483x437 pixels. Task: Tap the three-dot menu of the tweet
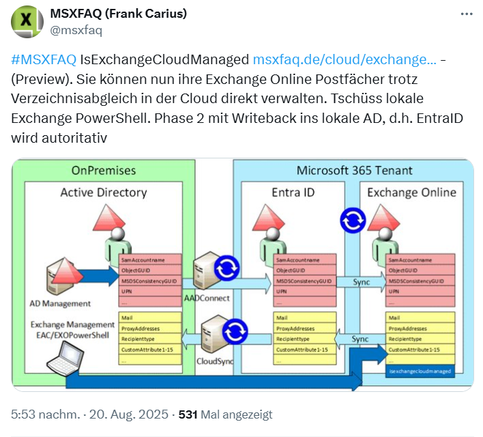point(466,14)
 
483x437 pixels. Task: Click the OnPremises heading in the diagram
point(104,170)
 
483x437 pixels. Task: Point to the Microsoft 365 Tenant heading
point(354,170)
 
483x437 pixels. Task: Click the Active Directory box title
point(104,192)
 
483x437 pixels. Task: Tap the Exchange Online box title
point(411,192)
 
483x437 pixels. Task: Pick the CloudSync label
point(215,360)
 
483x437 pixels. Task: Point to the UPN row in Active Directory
point(150,291)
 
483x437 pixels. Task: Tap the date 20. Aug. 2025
point(129,414)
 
